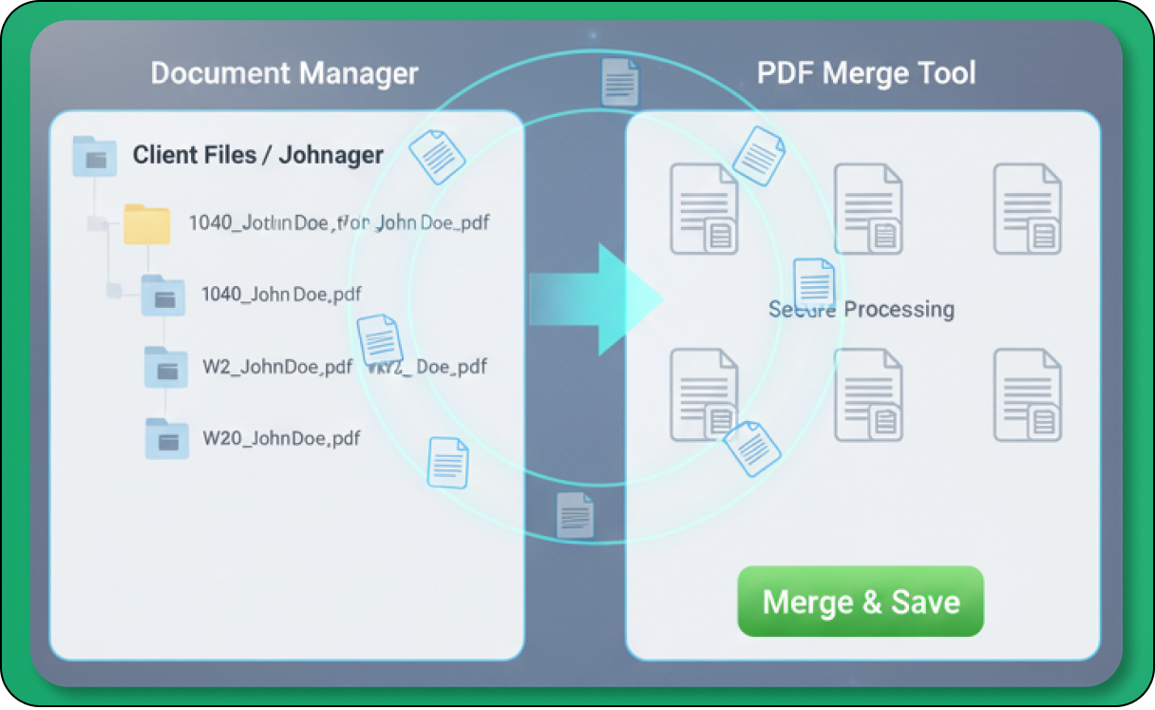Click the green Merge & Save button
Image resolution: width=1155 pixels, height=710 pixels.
861,602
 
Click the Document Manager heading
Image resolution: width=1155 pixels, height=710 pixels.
284,73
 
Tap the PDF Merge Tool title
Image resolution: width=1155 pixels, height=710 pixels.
866,73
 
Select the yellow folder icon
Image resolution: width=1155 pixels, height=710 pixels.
146,224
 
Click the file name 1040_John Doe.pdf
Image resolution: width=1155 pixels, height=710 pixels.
281,295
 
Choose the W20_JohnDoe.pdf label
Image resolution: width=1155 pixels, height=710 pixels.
281,438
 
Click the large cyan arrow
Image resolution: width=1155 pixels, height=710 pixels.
596,299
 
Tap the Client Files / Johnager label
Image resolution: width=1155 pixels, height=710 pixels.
257,155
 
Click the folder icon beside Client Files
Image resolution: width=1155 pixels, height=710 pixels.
94,156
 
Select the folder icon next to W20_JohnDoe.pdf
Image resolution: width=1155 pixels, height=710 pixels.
166,439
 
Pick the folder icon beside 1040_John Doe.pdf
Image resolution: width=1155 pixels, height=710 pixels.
162,295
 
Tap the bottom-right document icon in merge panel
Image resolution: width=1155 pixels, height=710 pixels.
1027,395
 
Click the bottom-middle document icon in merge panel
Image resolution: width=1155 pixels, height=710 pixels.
867,395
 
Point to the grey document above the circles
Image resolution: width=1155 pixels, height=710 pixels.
619,82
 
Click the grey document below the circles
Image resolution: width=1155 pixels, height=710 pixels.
575,516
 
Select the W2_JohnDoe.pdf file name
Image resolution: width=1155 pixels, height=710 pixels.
277,367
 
